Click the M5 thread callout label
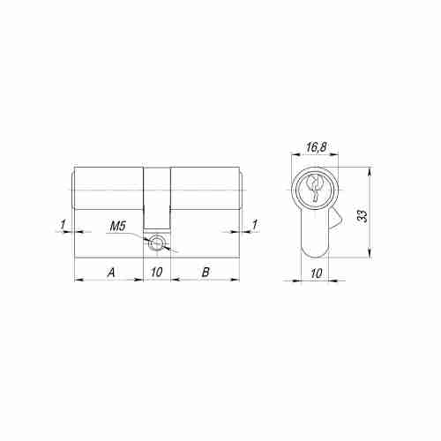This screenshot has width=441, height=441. click(118, 227)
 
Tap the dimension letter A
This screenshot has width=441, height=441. click(111, 273)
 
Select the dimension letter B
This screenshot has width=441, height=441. click(206, 273)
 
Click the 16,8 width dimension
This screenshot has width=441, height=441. click(316, 147)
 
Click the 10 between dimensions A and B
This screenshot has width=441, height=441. click(157, 273)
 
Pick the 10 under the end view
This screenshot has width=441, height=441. click(316, 273)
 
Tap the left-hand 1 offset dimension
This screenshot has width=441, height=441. click(63, 225)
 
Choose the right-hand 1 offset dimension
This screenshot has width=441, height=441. click(255, 225)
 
